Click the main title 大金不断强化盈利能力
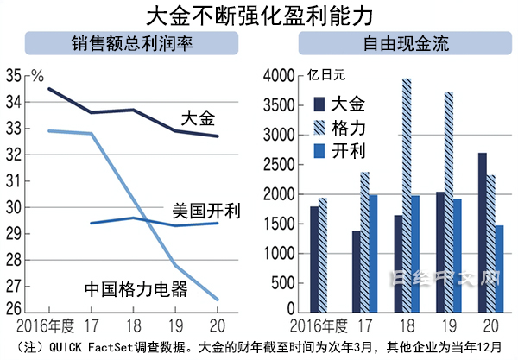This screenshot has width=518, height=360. click(x=259, y=15)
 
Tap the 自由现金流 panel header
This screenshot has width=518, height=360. click(x=393, y=44)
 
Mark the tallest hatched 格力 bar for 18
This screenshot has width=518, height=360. click(x=407, y=195)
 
